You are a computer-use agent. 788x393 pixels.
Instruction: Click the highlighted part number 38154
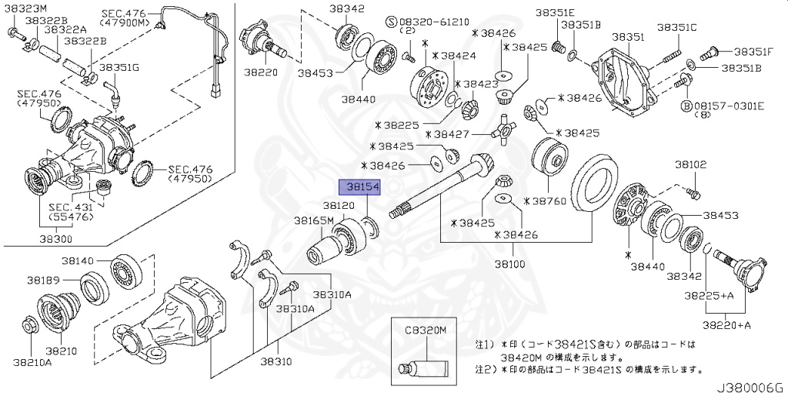pos(359,187)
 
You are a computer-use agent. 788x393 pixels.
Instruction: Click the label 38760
pos(547,200)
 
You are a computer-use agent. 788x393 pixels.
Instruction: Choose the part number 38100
pos(510,264)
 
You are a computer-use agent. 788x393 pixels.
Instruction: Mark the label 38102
pos(691,164)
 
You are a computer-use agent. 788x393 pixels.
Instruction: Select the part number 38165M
pos(313,220)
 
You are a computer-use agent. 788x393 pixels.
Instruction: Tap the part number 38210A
pos(32,362)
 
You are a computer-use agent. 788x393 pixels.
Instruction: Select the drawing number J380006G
pos(751,385)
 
